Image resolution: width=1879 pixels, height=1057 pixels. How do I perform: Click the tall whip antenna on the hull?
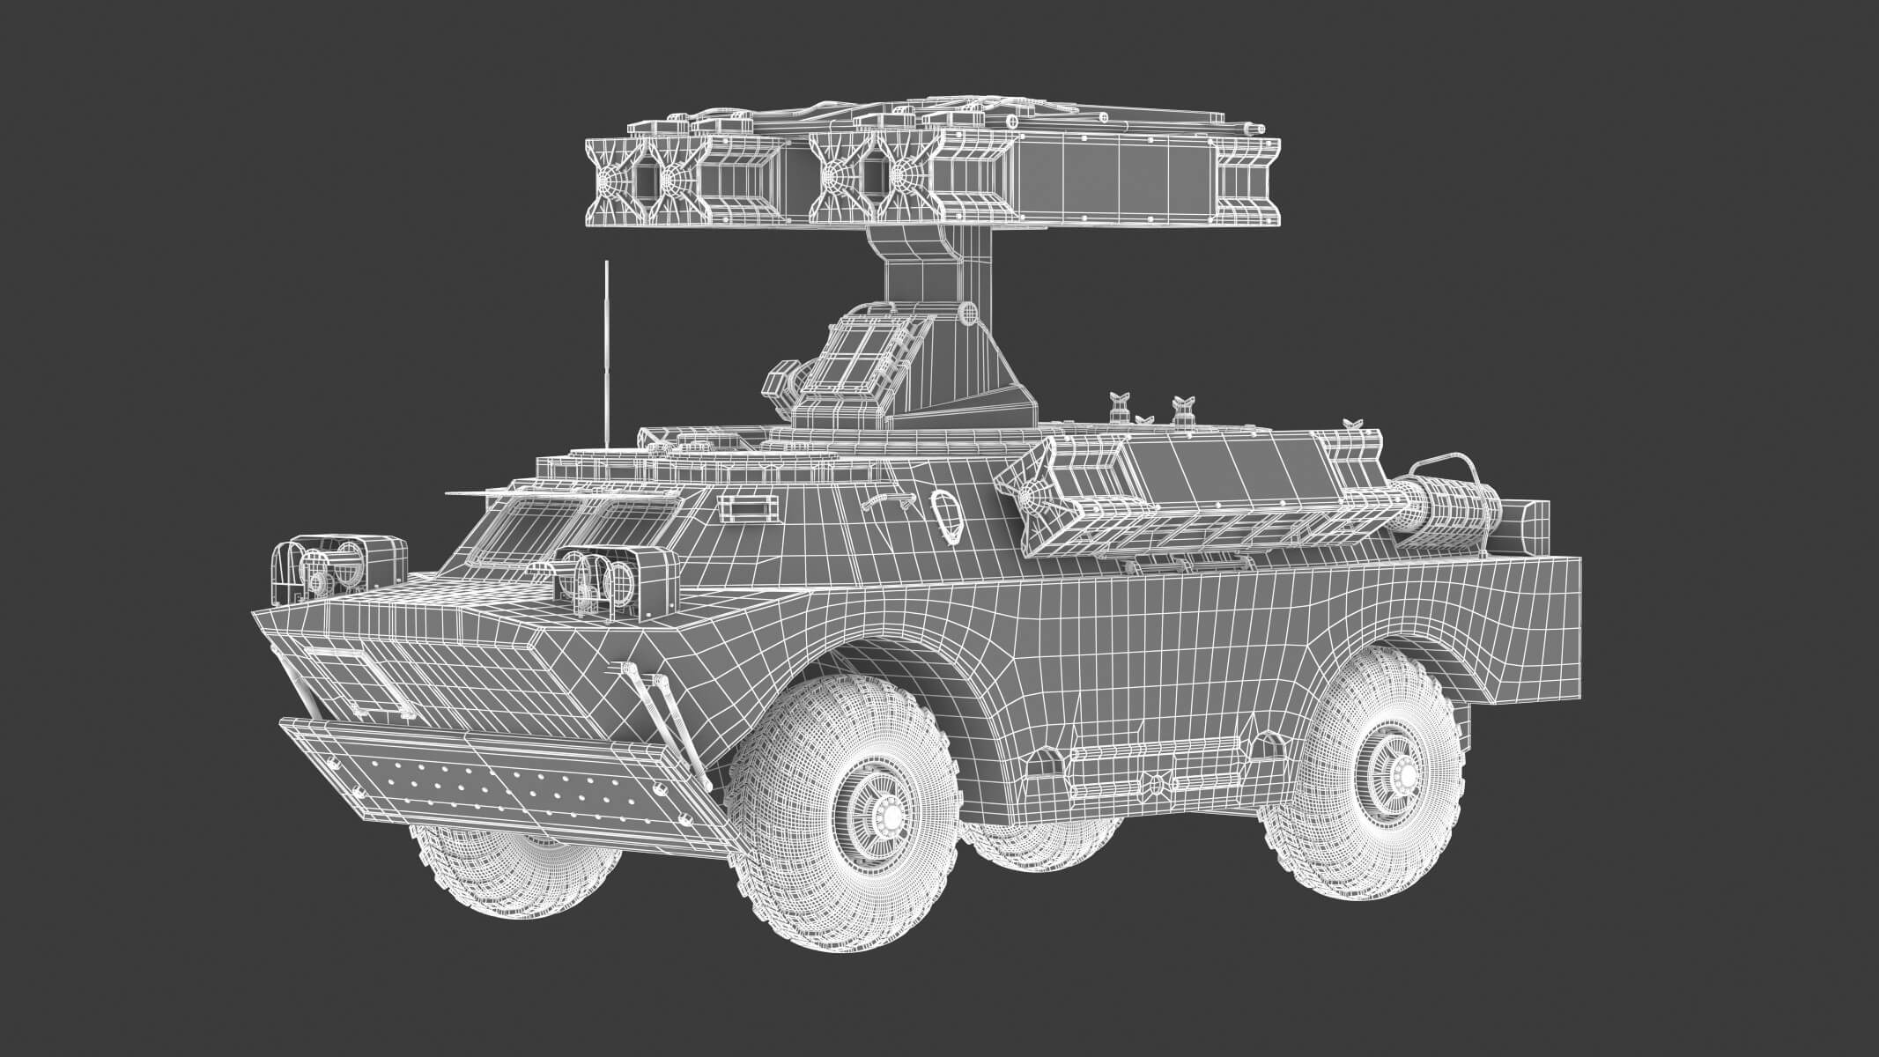[x=607, y=352]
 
